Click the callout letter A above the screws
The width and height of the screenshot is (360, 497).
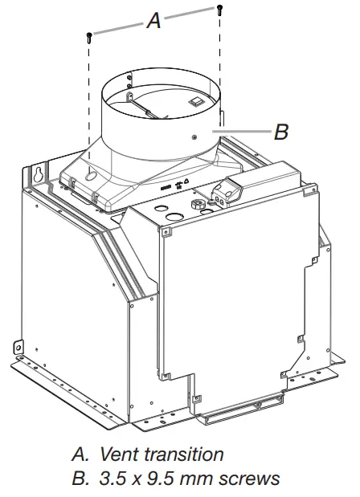[x=153, y=22]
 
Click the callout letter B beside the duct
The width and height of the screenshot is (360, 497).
[x=280, y=132]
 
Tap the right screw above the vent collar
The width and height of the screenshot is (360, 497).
[x=219, y=9]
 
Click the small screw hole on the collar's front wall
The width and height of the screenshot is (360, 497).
[x=195, y=137]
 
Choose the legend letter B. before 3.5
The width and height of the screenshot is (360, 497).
[x=80, y=479]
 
